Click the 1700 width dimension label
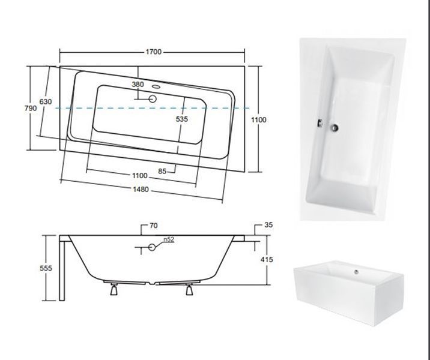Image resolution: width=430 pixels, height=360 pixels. click(x=154, y=52)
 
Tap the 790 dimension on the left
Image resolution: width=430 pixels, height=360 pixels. click(x=31, y=108)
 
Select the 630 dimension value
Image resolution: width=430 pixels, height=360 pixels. click(x=46, y=101)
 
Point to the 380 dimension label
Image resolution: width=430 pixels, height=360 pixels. click(x=138, y=85)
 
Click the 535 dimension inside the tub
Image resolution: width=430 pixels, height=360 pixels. click(x=182, y=119)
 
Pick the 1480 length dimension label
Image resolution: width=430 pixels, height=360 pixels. click(x=141, y=190)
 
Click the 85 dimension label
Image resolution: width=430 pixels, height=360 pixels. click(x=162, y=171)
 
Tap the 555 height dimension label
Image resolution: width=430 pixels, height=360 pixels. click(x=46, y=268)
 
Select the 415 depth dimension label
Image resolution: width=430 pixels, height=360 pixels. click(x=267, y=259)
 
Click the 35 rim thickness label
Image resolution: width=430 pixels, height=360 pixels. click(x=268, y=225)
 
